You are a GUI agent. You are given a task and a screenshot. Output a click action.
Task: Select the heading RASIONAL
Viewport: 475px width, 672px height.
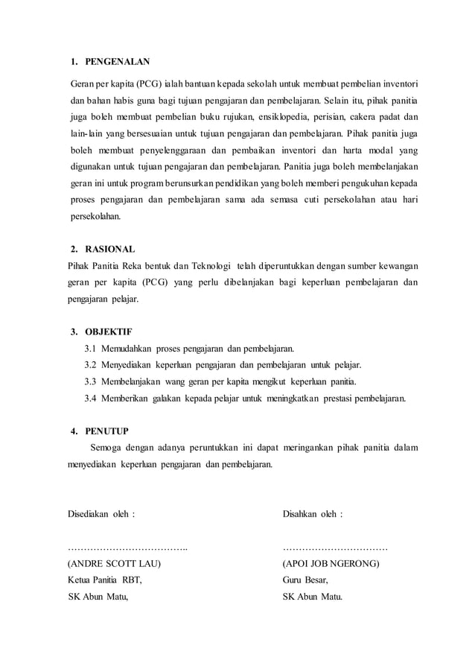[x=110, y=249]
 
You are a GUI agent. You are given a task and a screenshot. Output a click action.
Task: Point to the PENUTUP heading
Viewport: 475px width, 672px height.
[x=108, y=431]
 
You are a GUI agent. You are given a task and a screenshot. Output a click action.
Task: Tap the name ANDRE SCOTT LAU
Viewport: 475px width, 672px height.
[x=115, y=564]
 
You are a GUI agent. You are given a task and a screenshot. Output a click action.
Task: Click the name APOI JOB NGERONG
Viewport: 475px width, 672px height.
[x=331, y=564]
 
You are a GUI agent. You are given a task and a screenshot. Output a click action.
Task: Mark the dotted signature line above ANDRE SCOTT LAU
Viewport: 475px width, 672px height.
[x=127, y=548]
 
